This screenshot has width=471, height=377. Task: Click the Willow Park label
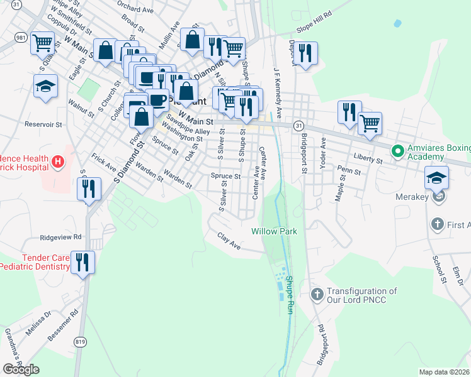pyautogui.click(x=274, y=231)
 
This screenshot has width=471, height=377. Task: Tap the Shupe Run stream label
pyautogui.click(x=290, y=295)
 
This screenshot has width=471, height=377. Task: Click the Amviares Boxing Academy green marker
pyautogui.click(x=397, y=151)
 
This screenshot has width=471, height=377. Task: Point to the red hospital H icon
pyautogui.click(x=57, y=163)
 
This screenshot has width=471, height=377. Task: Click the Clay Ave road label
pyautogui.click(x=230, y=240)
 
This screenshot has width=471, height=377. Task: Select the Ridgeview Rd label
pyautogui.click(x=61, y=238)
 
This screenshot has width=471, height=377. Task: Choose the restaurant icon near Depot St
pyautogui.click(x=307, y=53)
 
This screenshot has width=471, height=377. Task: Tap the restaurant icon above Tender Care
pyautogui.click(x=83, y=261)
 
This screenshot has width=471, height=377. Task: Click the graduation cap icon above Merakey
pyautogui.click(x=437, y=177)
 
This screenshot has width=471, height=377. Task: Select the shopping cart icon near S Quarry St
pyautogui.click(x=42, y=43)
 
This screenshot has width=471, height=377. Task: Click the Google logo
pyautogui.click(x=21, y=369)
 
